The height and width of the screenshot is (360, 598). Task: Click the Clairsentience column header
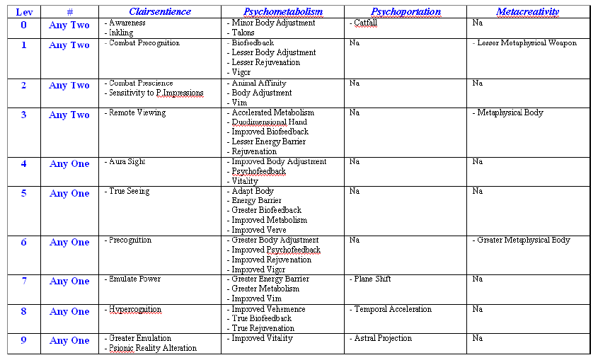pos(159,12)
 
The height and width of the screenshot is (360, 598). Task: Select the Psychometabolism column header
pos(283,12)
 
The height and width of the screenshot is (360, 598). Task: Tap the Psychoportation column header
pos(406,12)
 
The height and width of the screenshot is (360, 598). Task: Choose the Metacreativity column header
pos(527,12)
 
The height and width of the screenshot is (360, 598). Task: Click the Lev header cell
pos(24,12)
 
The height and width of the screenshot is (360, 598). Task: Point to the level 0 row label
pos(24,25)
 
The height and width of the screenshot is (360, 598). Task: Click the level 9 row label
pos(24,340)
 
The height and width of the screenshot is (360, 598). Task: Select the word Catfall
pos(366,23)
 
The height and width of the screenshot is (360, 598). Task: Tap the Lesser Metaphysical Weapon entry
pos(527,43)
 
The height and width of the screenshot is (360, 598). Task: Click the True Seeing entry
pos(130,191)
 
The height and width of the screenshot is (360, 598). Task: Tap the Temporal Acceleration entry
pos(393,309)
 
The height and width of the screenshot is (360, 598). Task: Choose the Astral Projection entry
pos(383,339)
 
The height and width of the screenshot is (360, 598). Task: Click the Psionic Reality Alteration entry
pos(153,348)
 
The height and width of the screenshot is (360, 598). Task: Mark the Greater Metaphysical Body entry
pos(524,240)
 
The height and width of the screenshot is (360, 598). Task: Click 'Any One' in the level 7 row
pos(69,281)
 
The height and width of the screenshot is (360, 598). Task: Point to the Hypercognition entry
pos(135,310)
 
